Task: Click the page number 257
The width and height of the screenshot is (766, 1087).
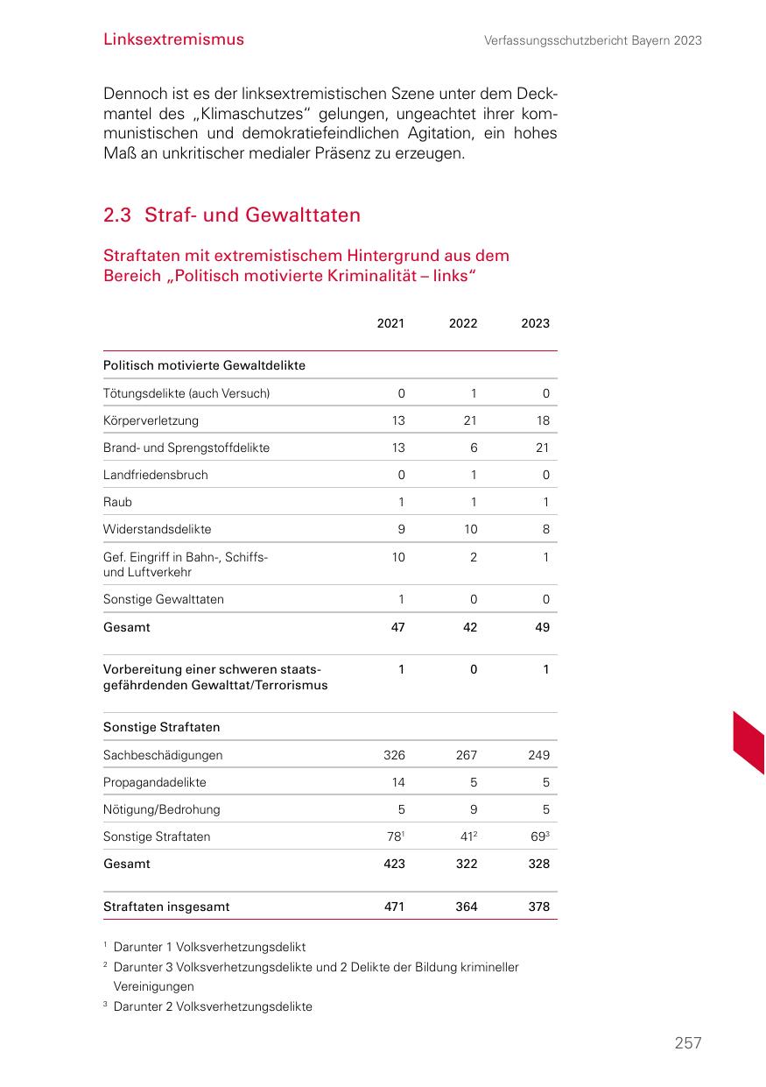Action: (687, 1043)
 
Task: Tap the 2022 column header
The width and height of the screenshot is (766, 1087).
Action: (463, 323)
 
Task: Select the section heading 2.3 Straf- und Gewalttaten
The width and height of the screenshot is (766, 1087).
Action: (231, 215)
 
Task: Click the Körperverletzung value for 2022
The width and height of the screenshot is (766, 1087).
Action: (470, 420)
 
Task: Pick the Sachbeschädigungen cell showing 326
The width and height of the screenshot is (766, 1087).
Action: (394, 755)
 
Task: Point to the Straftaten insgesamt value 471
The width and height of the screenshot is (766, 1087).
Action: (394, 907)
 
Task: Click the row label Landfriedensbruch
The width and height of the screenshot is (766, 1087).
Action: (155, 475)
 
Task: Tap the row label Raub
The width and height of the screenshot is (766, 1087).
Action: (117, 502)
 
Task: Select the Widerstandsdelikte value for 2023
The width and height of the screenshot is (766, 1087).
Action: (545, 529)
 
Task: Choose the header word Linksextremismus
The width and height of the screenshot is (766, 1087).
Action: (173, 39)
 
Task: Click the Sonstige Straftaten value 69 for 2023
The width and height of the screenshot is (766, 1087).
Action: (539, 836)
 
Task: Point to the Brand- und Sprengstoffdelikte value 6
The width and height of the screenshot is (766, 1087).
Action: (473, 448)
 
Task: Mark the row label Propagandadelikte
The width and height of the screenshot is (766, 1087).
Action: (155, 782)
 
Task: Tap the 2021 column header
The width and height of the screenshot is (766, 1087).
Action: (390, 323)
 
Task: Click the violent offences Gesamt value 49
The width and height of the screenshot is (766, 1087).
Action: (542, 627)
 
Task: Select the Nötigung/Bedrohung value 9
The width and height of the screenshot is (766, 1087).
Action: (473, 809)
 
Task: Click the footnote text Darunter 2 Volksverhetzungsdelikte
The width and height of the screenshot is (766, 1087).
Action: (213, 1006)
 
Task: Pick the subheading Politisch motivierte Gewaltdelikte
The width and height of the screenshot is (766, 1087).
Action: (204, 365)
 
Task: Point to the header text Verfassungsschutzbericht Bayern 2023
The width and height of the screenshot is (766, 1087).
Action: (593, 40)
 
